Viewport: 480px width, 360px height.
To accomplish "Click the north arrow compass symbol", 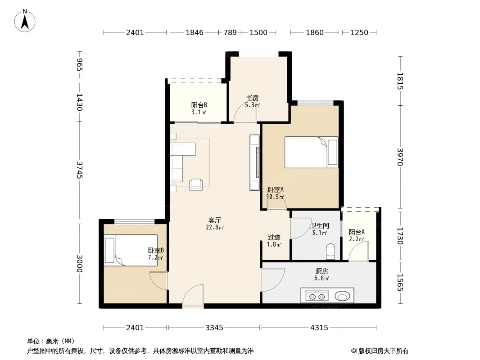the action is point(25,21).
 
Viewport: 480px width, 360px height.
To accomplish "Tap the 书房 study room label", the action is point(253,98).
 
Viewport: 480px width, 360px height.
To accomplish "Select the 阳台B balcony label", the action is point(199,105).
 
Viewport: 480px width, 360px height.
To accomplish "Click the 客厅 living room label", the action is point(215,220).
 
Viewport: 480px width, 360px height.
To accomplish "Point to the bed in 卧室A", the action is point(311,152).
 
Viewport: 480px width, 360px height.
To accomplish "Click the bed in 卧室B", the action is point(131,250).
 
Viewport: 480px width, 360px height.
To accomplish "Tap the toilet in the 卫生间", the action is point(331,251).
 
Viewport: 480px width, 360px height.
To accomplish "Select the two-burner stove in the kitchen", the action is point(317,296).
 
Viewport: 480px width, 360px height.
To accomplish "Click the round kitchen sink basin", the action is point(342,296).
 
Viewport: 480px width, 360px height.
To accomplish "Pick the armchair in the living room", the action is point(196,184).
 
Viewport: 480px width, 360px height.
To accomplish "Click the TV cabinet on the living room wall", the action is point(255,163).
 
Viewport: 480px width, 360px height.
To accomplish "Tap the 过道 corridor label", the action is point(274,237).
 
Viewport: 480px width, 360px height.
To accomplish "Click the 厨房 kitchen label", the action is point(322,271).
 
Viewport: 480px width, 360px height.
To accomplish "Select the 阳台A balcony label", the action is point(357,232).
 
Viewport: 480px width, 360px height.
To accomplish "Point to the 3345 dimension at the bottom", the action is point(214,328).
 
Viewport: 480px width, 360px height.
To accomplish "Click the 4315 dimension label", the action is point(319,328).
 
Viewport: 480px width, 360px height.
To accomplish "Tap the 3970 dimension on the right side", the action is point(400,157).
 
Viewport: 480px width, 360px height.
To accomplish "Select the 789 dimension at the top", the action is point(230,32).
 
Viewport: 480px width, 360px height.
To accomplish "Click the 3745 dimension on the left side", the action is point(80,170).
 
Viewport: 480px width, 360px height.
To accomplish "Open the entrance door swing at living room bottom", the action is point(193,295).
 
